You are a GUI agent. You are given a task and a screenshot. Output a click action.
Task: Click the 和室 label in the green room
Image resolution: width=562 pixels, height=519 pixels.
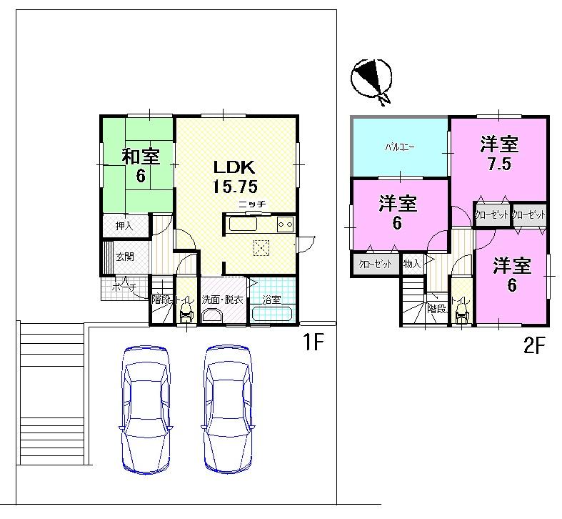pyautogui.click(x=140, y=156)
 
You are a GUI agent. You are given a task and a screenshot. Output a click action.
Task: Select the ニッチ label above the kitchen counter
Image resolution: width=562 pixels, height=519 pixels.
pyautogui.click(x=252, y=204)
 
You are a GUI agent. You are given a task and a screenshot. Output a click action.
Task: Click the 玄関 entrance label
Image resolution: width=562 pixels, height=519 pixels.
pyautogui.click(x=125, y=257)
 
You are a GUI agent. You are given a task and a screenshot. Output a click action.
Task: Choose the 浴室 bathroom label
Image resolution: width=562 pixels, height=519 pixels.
pyautogui.click(x=271, y=300)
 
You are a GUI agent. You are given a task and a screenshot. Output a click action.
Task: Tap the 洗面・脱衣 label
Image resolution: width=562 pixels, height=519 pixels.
pyautogui.click(x=222, y=300)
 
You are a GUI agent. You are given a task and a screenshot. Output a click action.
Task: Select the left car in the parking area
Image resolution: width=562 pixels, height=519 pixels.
pyautogui.click(x=147, y=409)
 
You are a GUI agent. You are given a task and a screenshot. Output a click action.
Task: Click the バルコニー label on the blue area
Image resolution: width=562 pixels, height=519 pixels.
pyautogui.click(x=399, y=148)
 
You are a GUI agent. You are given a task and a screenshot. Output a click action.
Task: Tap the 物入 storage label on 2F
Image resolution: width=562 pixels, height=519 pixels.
pyautogui.click(x=412, y=264)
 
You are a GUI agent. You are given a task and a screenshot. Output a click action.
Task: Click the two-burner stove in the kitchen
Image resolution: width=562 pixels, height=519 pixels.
pyautogui.click(x=286, y=224)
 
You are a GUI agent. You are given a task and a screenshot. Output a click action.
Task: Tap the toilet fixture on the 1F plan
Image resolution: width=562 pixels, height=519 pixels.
pyautogui.click(x=186, y=312)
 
